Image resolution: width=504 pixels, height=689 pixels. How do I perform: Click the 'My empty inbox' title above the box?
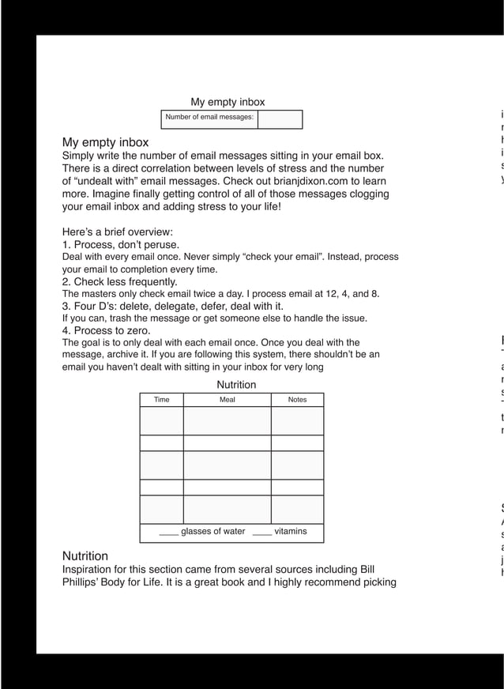tap(228, 102)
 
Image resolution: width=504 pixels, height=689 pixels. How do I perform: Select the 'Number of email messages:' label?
tap(209, 118)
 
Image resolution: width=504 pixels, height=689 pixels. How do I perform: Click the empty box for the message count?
tap(280, 119)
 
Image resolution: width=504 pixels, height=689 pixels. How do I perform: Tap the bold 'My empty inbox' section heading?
tap(105, 142)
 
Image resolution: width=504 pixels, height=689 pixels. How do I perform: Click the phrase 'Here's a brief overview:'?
tap(117, 232)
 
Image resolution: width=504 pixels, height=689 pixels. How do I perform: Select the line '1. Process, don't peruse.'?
tap(121, 245)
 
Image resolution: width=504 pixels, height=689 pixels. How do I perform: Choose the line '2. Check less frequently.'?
tap(120, 281)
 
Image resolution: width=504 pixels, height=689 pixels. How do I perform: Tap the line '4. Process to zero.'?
tap(106, 330)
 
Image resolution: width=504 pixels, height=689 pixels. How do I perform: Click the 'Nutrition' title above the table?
tap(236, 385)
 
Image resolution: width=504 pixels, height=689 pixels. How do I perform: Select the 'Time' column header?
tap(161, 400)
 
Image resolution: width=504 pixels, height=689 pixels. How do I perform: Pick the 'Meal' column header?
tap(227, 400)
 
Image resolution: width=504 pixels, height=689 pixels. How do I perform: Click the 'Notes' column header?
tap(297, 400)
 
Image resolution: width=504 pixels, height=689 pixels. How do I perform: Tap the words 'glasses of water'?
tap(213, 531)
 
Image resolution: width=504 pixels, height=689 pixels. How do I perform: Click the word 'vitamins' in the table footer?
tap(291, 531)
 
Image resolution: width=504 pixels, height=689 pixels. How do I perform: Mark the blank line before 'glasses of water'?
tap(168, 534)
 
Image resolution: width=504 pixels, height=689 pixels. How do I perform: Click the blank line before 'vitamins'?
tap(262, 534)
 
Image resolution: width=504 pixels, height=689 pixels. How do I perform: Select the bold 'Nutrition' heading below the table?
tap(85, 555)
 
